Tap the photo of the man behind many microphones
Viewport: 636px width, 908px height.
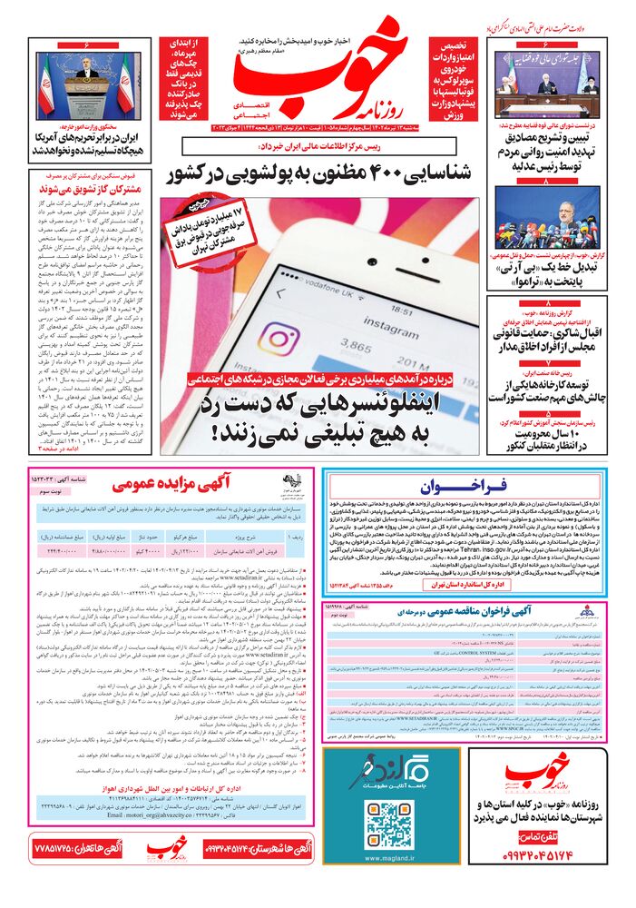(558, 215)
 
